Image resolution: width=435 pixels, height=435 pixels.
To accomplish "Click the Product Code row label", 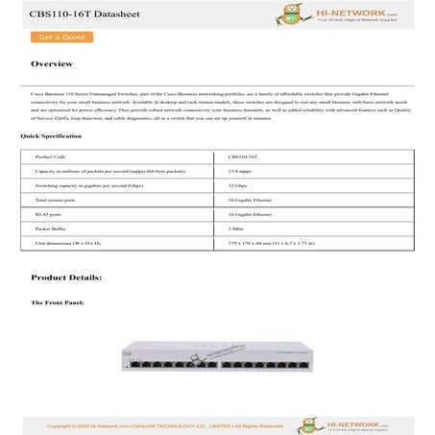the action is coord(50,155).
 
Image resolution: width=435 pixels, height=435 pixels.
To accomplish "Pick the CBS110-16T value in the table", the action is coord(242,155).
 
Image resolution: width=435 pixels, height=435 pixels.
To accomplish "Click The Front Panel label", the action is coord(59,302).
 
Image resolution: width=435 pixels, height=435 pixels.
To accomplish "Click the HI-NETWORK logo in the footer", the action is coord(371,423).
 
